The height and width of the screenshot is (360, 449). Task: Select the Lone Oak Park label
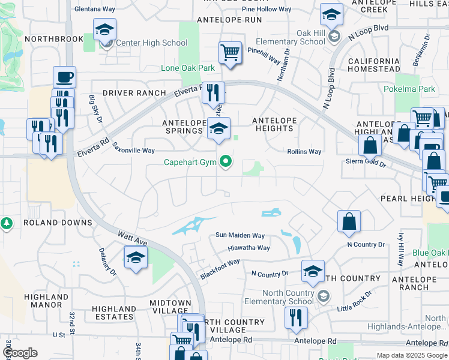click(188, 68)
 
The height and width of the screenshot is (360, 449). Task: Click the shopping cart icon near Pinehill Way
click(230, 53)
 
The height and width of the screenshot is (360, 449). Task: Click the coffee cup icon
click(64, 77)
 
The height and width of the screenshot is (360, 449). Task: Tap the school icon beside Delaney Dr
click(136, 258)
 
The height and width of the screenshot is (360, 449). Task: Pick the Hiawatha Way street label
click(249, 248)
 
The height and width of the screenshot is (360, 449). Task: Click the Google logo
click(19, 353)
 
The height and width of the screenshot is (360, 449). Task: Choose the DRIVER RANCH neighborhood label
click(134, 93)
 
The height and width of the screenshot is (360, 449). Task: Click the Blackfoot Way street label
click(220, 268)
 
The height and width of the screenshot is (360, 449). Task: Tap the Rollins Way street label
click(304, 152)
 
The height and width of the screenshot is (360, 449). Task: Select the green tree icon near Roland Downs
click(7, 224)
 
